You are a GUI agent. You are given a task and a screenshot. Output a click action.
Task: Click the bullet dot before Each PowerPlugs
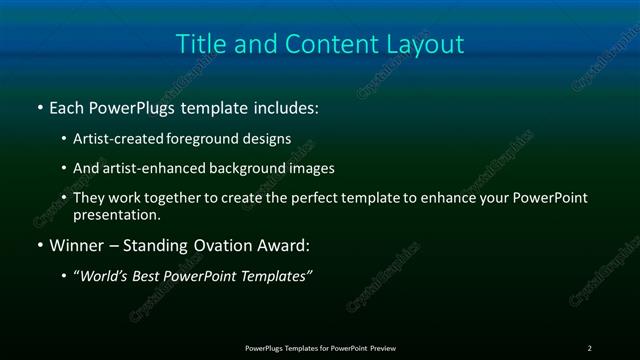(39, 106)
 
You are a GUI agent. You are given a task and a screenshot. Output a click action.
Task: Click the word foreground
(219, 139)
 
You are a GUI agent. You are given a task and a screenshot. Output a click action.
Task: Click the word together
(185, 198)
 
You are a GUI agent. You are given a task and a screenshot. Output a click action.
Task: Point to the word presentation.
(116, 214)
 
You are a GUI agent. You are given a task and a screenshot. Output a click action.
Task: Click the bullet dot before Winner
(39, 245)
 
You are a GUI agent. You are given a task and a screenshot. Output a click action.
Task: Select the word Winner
(75, 245)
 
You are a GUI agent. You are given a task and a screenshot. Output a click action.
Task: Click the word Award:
(284, 245)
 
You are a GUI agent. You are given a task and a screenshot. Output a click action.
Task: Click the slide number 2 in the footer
(589, 347)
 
